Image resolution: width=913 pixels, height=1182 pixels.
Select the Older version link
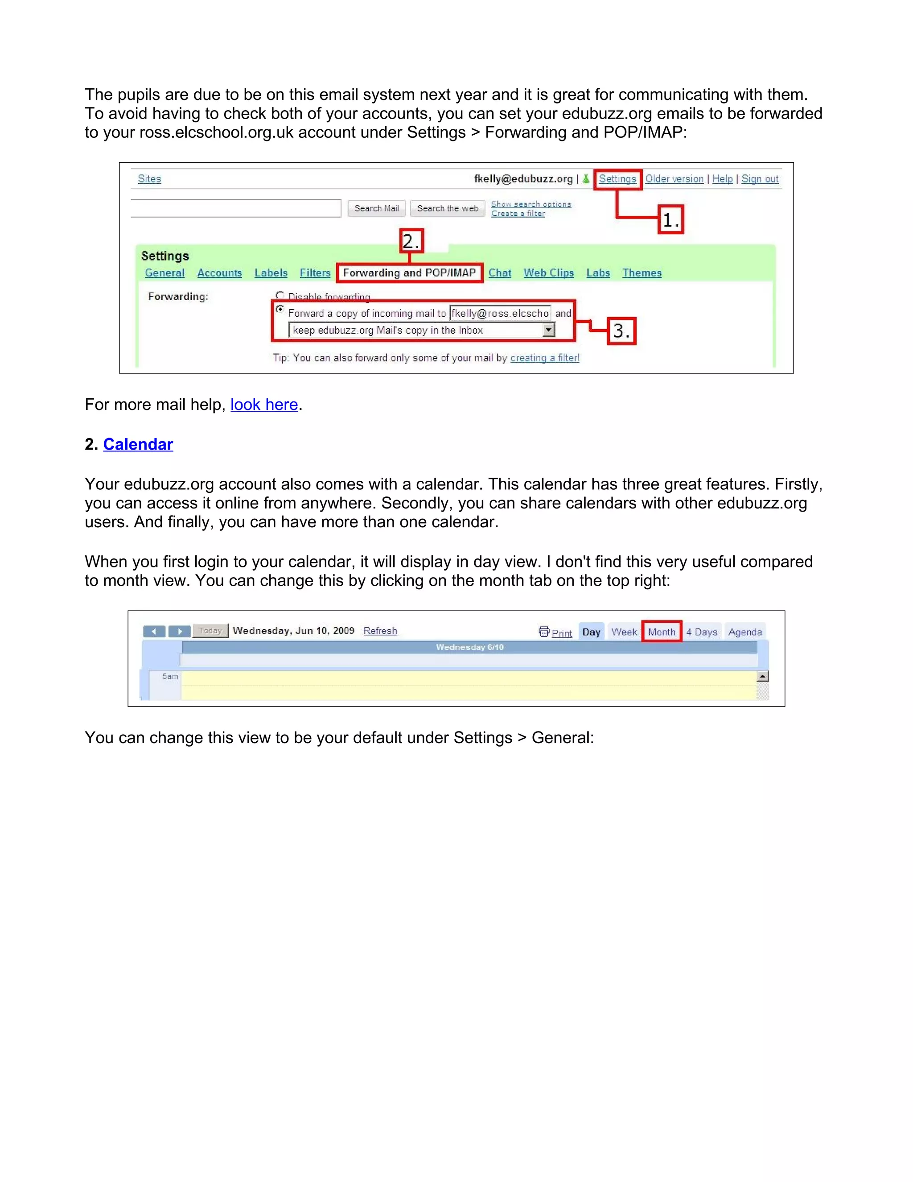click(x=674, y=179)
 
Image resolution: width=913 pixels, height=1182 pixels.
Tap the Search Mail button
click(x=376, y=208)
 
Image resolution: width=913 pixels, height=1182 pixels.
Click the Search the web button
click(x=447, y=208)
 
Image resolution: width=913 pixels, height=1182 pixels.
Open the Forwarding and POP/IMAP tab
click(x=409, y=273)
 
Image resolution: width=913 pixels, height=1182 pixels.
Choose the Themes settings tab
click(x=642, y=273)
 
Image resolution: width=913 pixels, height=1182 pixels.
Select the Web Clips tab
click(x=548, y=273)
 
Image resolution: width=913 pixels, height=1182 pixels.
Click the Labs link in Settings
click(x=598, y=273)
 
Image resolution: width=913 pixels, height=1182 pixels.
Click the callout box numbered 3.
click(x=621, y=331)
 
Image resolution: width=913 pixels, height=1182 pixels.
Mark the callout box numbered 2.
click(x=411, y=241)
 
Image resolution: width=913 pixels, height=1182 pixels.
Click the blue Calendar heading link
click(x=138, y=444)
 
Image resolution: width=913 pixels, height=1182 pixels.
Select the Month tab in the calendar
click(x=661, y=632)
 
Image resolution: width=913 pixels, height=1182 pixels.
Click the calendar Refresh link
click(x=380, y=631)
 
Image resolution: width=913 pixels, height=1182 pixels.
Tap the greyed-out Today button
click(x=210, y=631)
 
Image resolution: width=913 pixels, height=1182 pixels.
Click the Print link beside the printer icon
click(x=561, y=632)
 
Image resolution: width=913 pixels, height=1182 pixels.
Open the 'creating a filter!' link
click(x=544, y=358)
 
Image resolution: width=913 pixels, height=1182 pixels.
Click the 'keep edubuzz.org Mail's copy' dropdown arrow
click(x=548, y=330)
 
